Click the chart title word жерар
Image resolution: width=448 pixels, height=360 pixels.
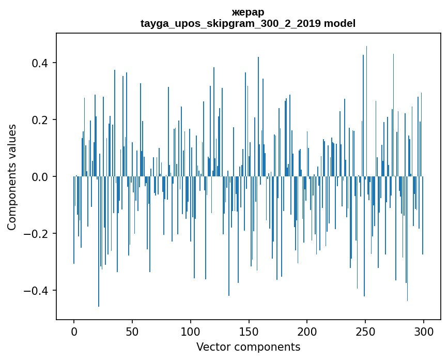click(248, 12)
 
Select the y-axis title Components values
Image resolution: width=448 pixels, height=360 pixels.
click(12, 177)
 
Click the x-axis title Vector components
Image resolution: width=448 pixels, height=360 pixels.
click(248, 347)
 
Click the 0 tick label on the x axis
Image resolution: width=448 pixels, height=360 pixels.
click(74, 331)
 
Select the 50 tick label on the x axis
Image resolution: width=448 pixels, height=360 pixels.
click(132, 331)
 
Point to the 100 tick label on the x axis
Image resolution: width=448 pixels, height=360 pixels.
click(191, 331)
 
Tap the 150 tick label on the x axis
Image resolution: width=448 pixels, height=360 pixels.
click(249, 331)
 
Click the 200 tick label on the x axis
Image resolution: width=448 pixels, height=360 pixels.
click(307, 331)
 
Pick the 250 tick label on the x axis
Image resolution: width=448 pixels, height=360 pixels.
click(366, 331)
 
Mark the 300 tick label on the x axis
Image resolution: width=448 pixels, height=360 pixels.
click(424, 331)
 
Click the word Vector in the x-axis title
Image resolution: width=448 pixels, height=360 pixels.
click(211, 347)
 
